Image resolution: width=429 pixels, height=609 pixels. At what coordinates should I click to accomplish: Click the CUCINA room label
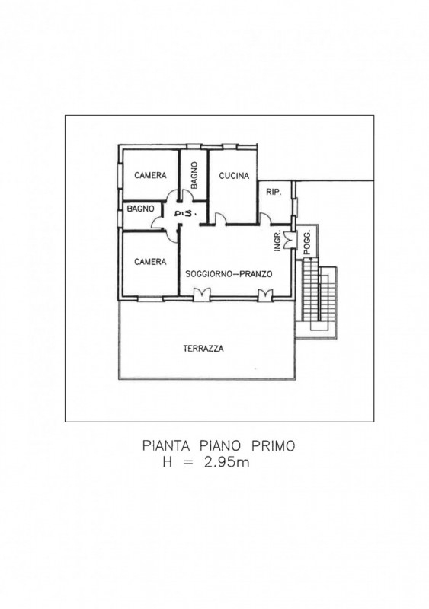pos(234,176)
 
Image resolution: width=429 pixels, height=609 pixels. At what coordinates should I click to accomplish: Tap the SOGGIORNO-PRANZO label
pos(229,274)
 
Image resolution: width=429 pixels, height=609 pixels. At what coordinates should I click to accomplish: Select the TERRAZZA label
pos(203,349)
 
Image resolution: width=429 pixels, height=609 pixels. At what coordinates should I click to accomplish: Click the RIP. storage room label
pos(274,192)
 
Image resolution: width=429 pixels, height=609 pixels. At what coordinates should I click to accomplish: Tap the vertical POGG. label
pos(307,243)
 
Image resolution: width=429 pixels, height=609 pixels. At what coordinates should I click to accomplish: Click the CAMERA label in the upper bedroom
pos(150,176)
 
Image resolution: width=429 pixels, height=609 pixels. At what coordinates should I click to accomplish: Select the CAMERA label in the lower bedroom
pos(150,262)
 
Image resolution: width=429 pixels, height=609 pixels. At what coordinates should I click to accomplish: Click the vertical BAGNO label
pos(194,176)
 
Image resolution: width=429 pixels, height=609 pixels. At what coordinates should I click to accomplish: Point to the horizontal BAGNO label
pos(140,209)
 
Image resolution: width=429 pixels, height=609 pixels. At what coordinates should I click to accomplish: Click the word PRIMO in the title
pos(274,445)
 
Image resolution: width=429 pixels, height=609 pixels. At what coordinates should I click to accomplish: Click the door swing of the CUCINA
pos(220,219)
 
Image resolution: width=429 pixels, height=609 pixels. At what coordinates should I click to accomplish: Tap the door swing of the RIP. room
pos(265,219)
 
